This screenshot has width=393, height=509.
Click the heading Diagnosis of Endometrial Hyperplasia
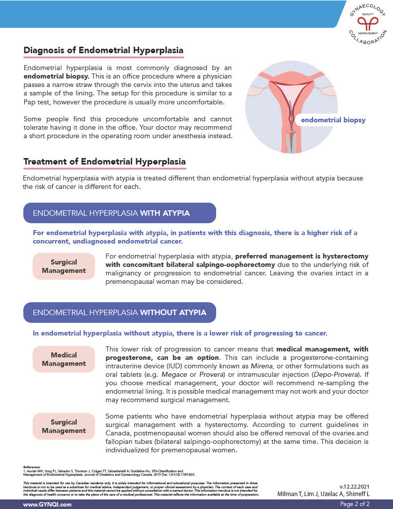tap(103, 51)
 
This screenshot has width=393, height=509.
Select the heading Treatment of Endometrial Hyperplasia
tap(104, 162)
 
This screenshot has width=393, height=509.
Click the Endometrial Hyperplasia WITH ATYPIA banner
tap(119, 213)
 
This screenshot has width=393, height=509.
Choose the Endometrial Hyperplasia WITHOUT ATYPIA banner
tap(119, 313)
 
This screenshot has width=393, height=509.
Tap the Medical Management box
tap(64, 359)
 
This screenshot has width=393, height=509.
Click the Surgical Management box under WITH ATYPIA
tap(64, 266)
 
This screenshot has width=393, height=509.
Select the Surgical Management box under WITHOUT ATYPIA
tap(64, 426)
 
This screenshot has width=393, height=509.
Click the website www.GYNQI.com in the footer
tap(47, 504)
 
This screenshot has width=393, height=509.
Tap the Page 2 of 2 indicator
tap(355, 504)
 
